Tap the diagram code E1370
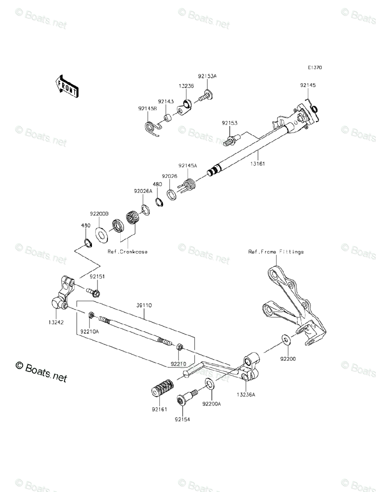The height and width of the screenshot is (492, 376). [x=316, y=68]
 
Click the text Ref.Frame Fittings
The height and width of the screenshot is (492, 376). [x=275, y=252]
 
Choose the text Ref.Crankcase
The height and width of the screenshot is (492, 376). [x=127, y=252]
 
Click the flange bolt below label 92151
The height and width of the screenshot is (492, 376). [x=93, y=292]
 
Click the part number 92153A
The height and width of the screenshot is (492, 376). [x=207, y=76]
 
